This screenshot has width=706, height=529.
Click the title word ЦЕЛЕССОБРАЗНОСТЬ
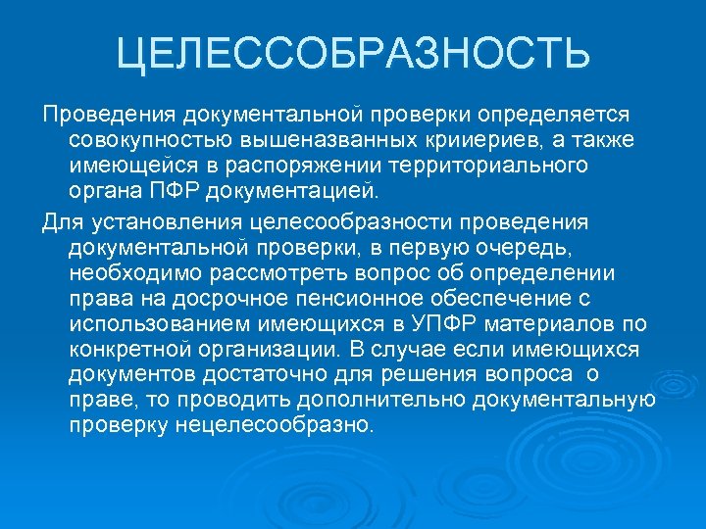point(353,53)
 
